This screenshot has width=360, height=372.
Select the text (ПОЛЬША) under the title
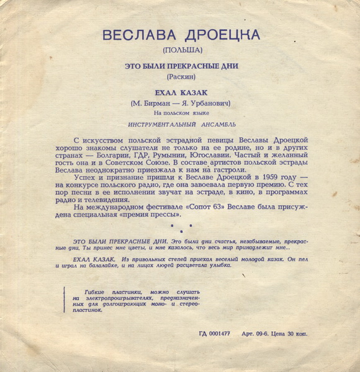point(180,50)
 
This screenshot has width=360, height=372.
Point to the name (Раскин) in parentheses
point(180,76)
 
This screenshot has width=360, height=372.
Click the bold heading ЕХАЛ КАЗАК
point(180,91)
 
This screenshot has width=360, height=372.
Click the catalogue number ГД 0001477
point(214,334)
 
